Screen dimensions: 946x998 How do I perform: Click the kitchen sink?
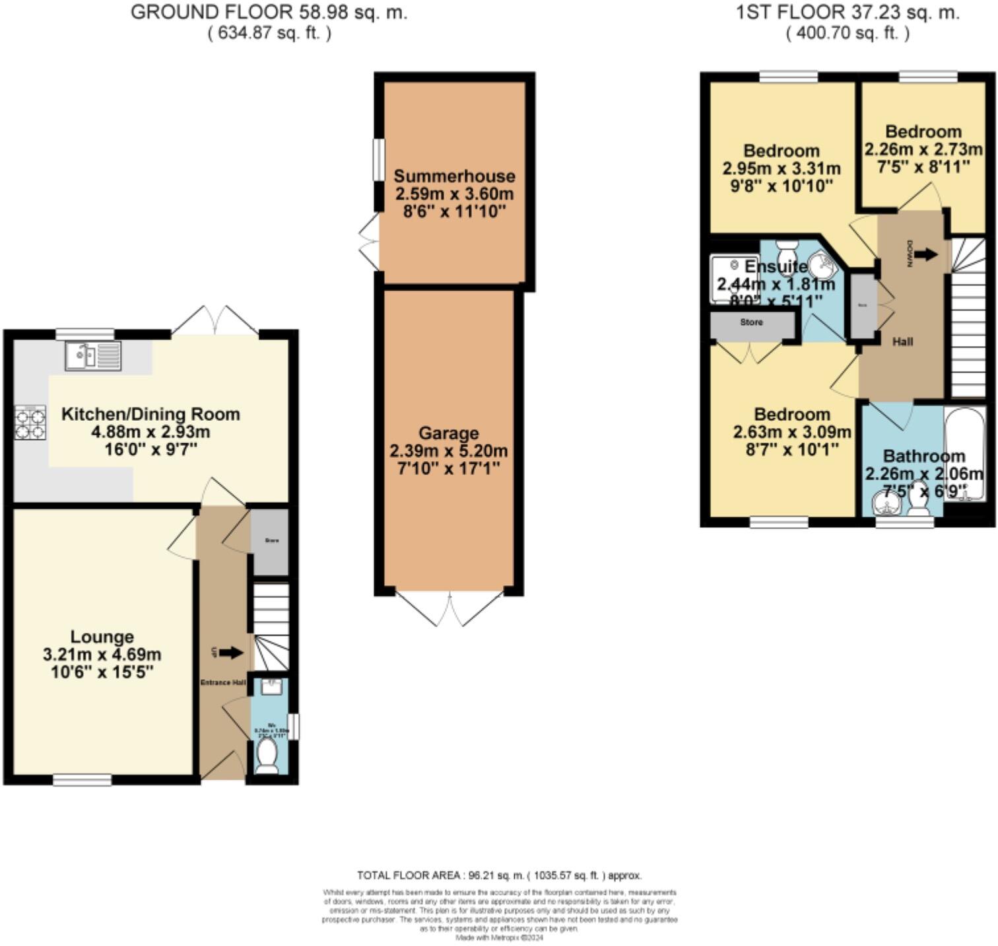(93, 355)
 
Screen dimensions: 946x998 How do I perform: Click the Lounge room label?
(102, 637)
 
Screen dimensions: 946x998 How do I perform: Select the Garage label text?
(448, 433)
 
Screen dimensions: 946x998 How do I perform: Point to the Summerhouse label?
(454, 176)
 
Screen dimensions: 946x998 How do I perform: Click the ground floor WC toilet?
(267, 755)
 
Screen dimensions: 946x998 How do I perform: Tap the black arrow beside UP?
(230, 653)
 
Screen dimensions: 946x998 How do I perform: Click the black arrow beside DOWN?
(926, 254)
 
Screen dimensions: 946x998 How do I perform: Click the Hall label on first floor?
(902, 342)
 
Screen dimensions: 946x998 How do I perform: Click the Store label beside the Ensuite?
(752, 322)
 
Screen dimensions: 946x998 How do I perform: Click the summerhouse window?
(378, 159)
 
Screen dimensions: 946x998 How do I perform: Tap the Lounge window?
(83, 780)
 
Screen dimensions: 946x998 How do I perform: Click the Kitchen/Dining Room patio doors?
(215, 320)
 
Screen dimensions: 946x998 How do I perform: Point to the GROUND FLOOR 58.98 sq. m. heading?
(269, 13)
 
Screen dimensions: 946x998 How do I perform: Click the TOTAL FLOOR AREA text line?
(499, 875)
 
